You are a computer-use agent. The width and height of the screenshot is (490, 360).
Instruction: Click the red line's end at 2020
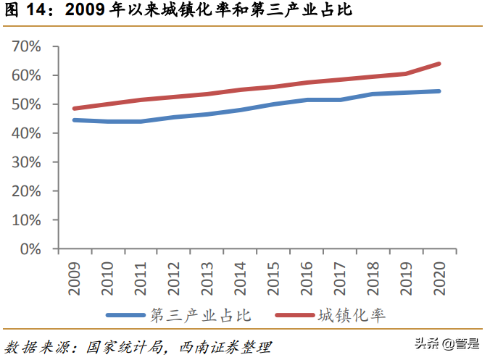439,64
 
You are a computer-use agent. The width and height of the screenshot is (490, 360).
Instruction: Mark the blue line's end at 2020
439,91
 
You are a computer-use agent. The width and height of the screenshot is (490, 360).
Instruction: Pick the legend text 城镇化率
351,315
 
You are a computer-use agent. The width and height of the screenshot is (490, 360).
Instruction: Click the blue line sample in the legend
126,315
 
